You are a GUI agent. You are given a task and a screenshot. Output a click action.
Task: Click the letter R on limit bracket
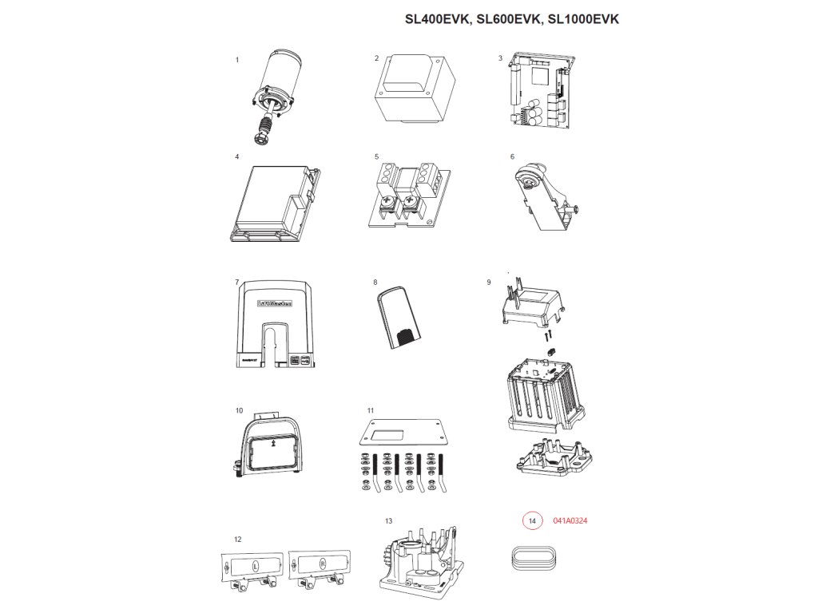[x=322, y=564]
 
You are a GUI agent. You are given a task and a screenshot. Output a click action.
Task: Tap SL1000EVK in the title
[x=584, y=19]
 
